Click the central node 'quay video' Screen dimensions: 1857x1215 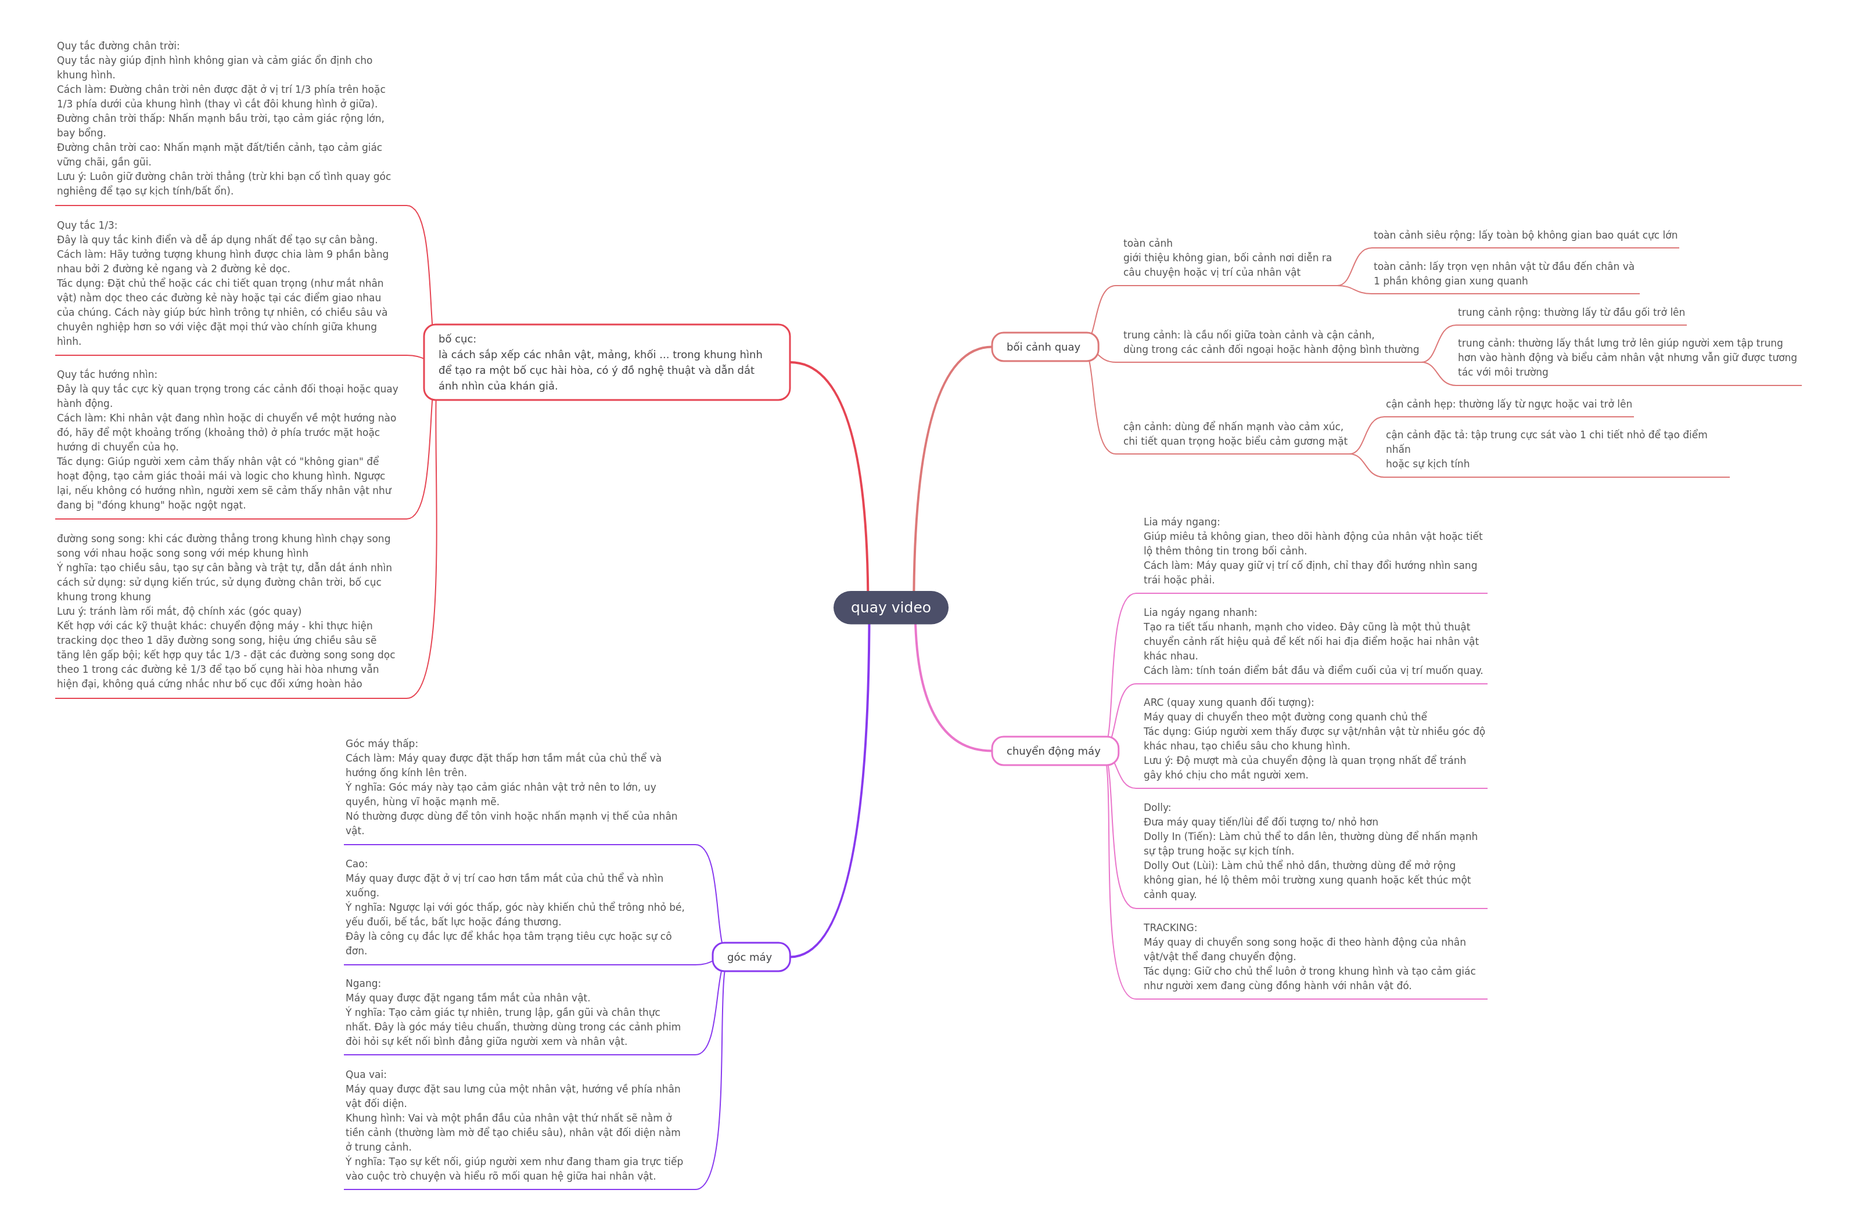point(890,607)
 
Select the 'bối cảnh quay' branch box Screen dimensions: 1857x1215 point(1045,347)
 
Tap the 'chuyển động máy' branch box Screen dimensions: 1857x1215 point(1055,751)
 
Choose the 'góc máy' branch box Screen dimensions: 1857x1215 point(750,957)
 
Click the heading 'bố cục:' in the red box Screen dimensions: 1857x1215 point(457,338)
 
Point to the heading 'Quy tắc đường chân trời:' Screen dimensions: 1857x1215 point(118,46)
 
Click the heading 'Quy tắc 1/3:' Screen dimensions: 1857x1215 point(87,225)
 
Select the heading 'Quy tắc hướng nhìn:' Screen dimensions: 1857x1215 point(107,374)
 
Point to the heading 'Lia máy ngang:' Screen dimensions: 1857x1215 point(1181,522)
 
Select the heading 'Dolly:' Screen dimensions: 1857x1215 point(1157,807)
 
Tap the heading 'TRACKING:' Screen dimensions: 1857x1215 point(1170,927)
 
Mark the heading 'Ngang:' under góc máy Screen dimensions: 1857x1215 point(363,983)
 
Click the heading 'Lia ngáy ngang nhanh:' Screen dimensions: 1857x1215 point(1200,612)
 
